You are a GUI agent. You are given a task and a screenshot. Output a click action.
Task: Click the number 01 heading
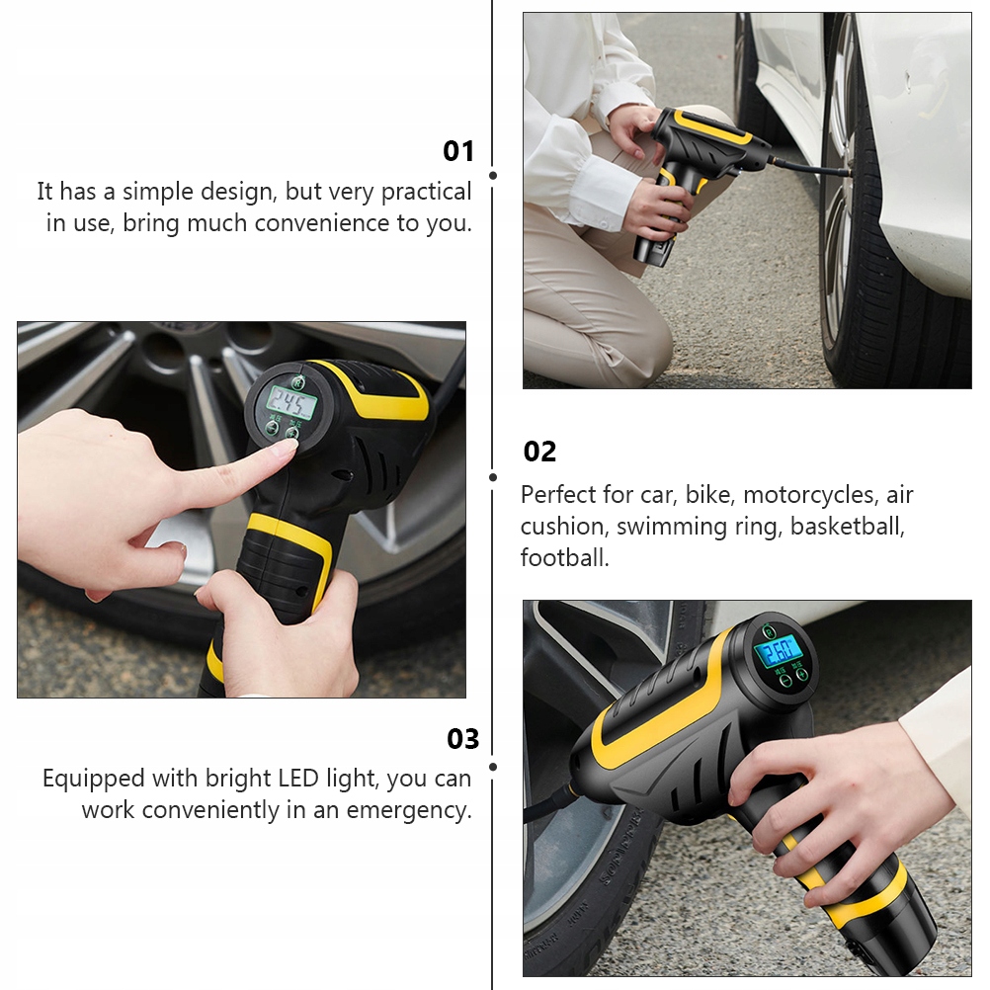coord(457,151)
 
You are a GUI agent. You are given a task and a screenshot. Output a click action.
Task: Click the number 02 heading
coord(539,453)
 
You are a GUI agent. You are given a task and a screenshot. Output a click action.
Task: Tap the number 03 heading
coord(462,739)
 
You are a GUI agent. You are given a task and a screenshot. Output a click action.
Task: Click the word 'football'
coord(564,557)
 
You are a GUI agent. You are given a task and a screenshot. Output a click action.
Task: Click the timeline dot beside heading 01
coord(493,176)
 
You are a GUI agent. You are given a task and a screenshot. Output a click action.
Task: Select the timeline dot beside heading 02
coord(493,477)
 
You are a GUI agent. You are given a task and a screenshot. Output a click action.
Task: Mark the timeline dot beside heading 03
coord(493,767)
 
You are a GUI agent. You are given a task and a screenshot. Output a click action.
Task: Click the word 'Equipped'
coord(94,780)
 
